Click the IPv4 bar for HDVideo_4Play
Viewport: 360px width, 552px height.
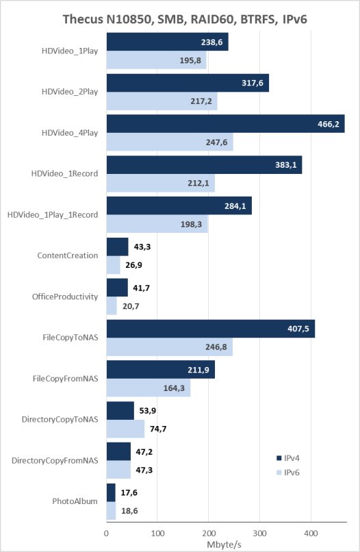226,123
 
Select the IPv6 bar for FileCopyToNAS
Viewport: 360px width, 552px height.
170,347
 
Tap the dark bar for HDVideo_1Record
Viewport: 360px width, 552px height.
204,165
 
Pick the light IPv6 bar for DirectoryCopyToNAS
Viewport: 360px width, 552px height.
126,429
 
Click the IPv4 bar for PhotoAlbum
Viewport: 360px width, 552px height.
111,492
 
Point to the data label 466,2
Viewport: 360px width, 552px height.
329,124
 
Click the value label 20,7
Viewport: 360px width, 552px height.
131,306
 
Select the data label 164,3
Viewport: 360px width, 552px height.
175,388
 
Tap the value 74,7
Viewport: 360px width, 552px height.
158,429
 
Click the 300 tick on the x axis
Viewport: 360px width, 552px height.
259,534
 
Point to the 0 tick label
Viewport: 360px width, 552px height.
106,534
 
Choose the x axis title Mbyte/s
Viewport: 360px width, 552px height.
224,544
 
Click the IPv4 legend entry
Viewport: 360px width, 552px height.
288,458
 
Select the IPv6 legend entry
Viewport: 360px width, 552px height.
288,473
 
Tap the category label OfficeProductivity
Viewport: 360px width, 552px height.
65,297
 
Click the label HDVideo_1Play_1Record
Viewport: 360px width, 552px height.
53,215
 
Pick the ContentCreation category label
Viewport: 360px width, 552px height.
68,255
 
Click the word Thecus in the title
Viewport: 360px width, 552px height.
83,19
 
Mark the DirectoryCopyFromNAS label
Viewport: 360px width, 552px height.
55,460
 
